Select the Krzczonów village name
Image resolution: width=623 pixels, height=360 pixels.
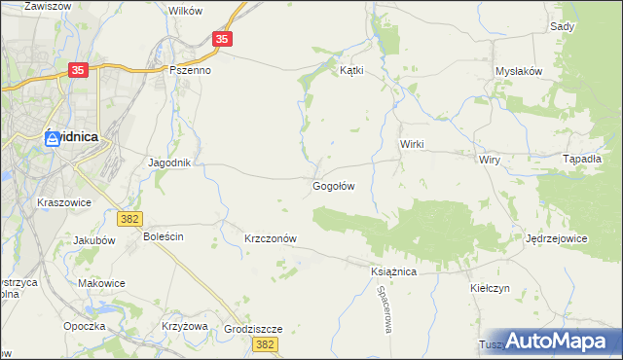pyautogui.click(x=270, y=238)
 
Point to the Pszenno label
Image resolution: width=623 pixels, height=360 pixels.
pyautogui.click(x=190, y=70)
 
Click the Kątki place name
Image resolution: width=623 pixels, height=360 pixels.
pyautogui.click(x=350, y=70)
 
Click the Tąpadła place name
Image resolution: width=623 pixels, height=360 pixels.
pyautogui.click(x=583, y=159)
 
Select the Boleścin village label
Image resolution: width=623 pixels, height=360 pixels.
pyautogui.click(x=164, y=236)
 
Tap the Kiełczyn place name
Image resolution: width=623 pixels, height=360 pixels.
pyautogui.click(x=490, y=288)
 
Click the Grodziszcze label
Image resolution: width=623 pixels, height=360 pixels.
pyautogui.click(x=252, y=329)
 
